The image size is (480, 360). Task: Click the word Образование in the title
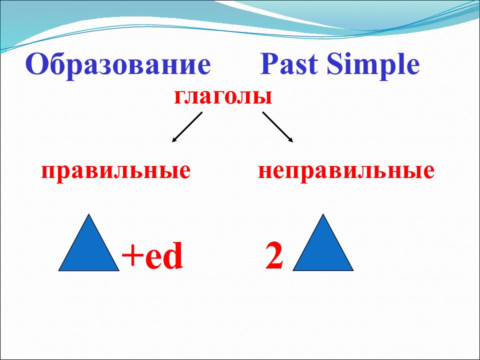tap(118, 64)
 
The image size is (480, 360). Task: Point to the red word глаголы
tap(223, 97)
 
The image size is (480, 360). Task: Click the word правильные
tap(116, 171)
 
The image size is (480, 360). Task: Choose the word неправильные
tap(346, 171)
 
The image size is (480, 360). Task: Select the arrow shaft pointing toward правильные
tap(187, 127)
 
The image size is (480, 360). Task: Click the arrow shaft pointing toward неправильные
tap(277, 127)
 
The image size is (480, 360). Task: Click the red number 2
tap(274, 255)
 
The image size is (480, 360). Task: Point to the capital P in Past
tap(269, 64)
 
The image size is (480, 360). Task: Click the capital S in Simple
tap(334, 64)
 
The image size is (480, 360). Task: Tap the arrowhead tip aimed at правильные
tap(172, 142)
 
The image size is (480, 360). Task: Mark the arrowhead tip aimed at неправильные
tap(293, 142)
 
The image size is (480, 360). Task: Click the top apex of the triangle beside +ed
tap(89, 214)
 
